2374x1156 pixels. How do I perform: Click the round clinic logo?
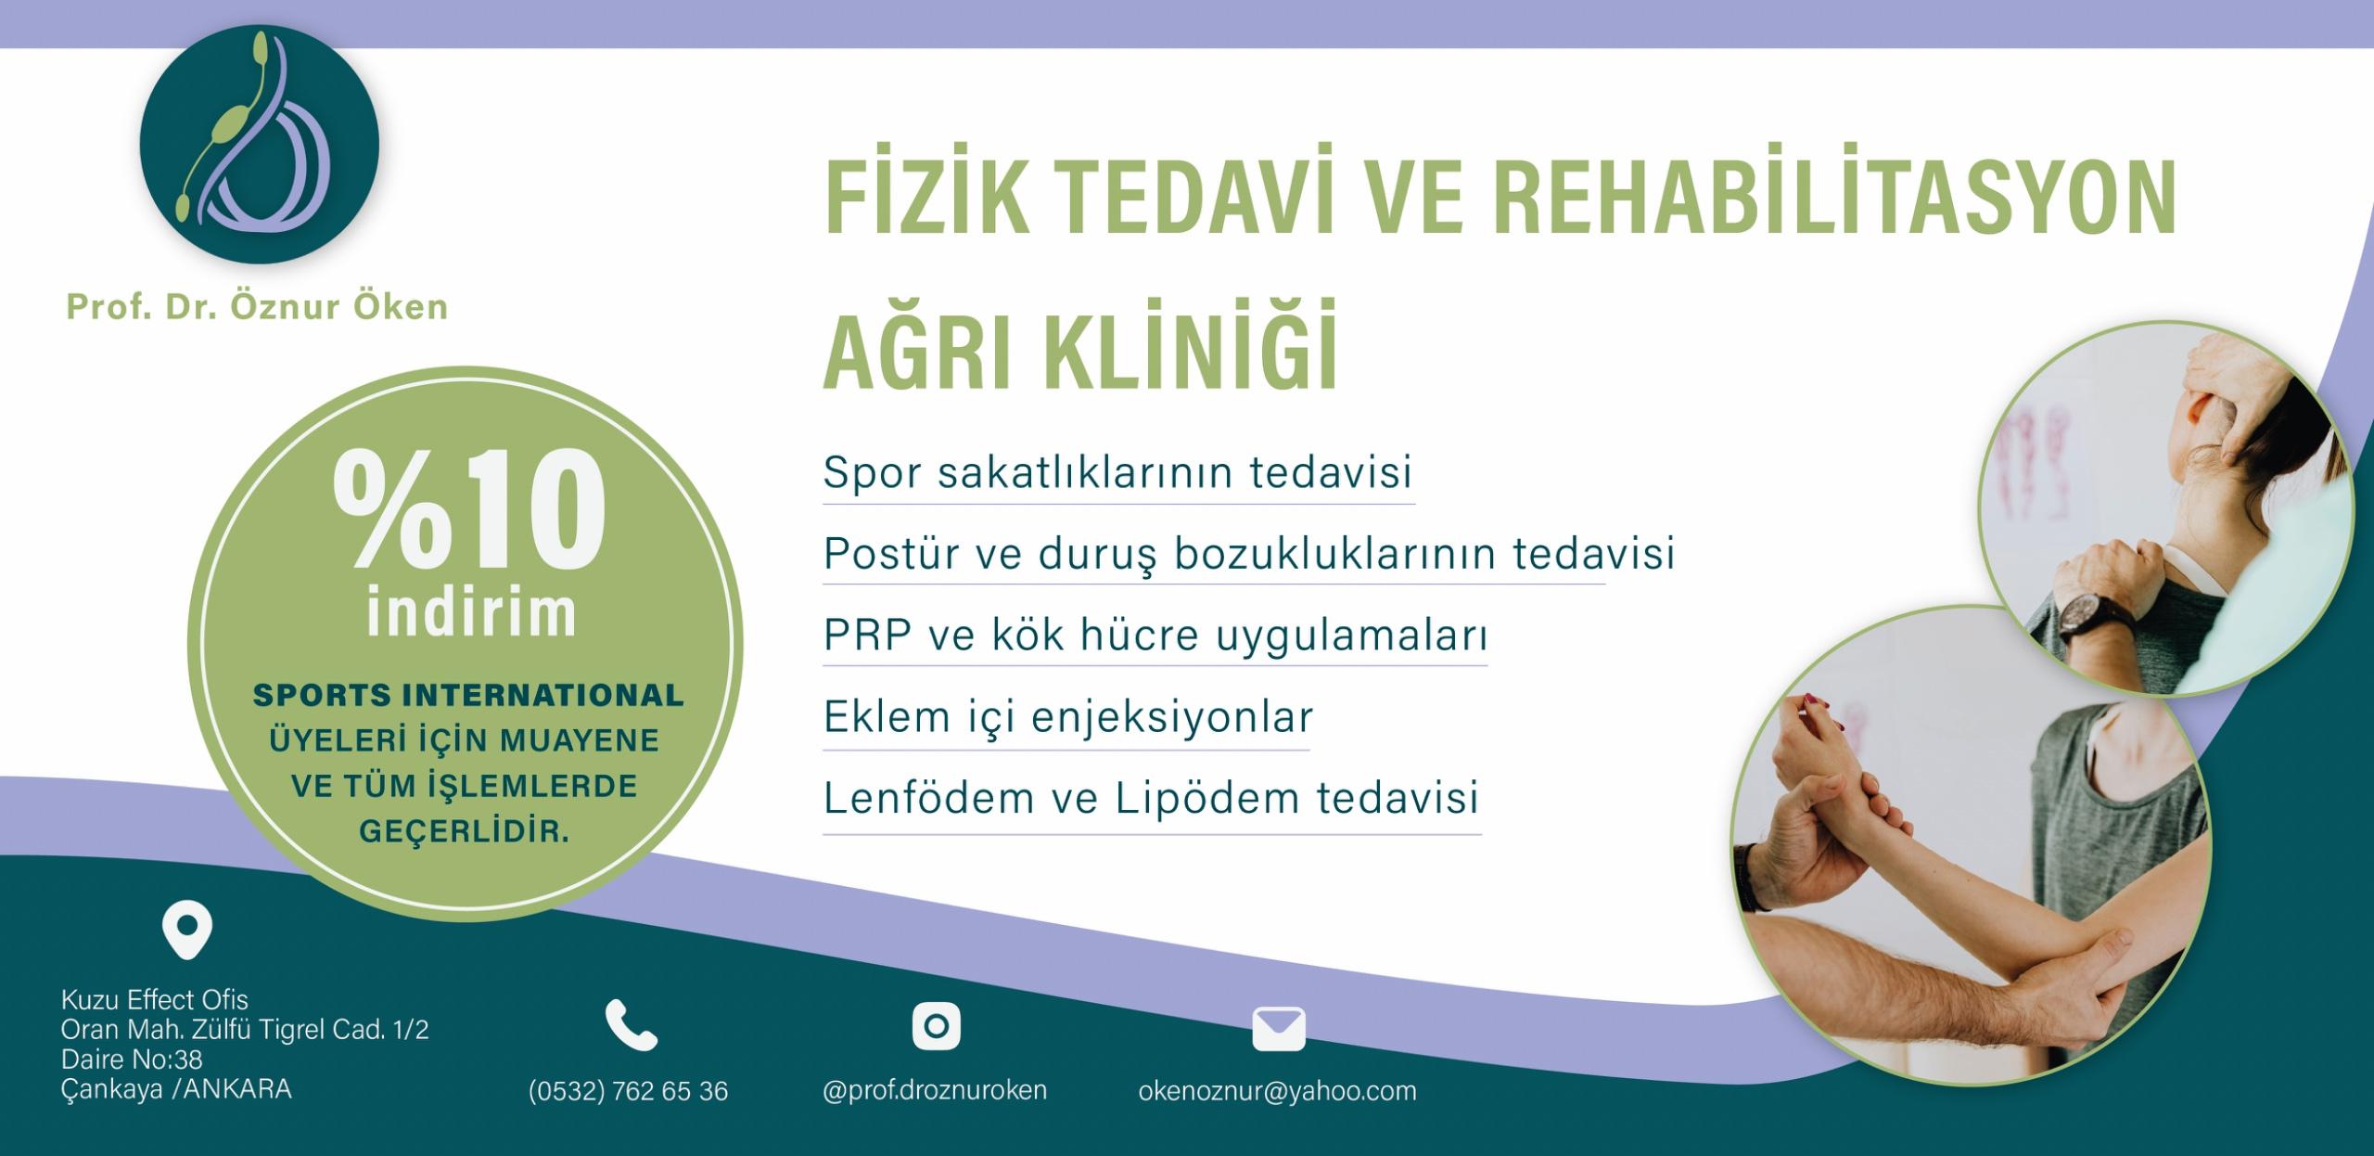260,145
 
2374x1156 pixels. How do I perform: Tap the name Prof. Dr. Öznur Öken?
257,307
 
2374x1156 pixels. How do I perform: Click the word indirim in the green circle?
471,611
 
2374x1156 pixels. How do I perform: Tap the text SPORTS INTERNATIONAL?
468,695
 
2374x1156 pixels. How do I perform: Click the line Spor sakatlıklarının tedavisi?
1117,471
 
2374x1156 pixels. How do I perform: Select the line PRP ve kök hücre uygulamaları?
1155,636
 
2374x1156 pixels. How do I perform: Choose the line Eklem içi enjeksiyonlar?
1068,717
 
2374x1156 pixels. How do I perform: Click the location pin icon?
187,931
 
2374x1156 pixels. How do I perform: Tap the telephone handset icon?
632,1024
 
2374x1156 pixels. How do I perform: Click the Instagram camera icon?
936,1026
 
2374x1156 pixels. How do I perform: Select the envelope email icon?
1279,1029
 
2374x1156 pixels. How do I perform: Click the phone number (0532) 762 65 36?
628,1091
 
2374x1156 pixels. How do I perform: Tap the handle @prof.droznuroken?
935,1090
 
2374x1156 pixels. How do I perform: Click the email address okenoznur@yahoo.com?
1278,1091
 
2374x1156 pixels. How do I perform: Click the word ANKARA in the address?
237,1089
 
